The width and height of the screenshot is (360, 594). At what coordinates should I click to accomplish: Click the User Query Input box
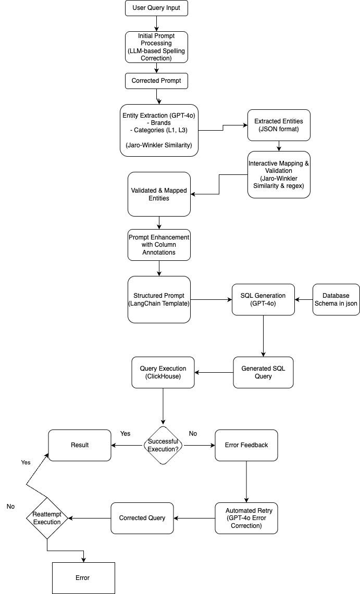(x=156, y=8)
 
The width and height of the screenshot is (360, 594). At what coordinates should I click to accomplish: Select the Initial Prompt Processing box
(x=156, y=47)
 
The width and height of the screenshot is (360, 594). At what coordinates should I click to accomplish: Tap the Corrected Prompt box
(x=156, y=81)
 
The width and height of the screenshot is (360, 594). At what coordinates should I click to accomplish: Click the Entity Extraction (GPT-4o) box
(x=158, y=130)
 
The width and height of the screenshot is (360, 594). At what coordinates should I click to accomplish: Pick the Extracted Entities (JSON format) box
(x=279, y=125)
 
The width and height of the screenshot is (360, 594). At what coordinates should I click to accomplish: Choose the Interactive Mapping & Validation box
(x=279, y=174)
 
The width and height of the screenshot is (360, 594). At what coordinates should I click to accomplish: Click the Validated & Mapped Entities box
(x=159, y=194)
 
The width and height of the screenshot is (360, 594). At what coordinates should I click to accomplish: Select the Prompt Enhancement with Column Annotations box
(x=159, y=245)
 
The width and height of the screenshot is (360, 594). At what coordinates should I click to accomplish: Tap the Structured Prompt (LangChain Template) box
(x=159, y=299)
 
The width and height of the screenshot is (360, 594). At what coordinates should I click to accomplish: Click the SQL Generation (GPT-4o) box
(x=263, y=299)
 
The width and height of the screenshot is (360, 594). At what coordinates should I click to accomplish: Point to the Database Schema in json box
(x=336, y=299)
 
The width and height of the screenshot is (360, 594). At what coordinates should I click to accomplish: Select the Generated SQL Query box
(x=263, y=372)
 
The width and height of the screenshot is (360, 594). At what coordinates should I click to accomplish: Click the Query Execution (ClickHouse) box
(x=163, y=372)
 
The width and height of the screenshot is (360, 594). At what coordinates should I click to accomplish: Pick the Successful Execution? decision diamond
(x=163, y=445)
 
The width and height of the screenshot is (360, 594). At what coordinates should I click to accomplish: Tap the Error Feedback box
(x=246, y=445)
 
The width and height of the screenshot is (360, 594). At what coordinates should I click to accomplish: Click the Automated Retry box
(x=246, y=518)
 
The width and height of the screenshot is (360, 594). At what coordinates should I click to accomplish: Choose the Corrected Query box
(x=142, y=518)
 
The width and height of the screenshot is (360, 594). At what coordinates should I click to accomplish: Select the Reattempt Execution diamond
(x=47, y=518)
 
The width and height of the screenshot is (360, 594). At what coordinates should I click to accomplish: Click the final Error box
(x=83, y=578)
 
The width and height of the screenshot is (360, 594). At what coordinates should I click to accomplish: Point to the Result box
(x=80, y=445)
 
